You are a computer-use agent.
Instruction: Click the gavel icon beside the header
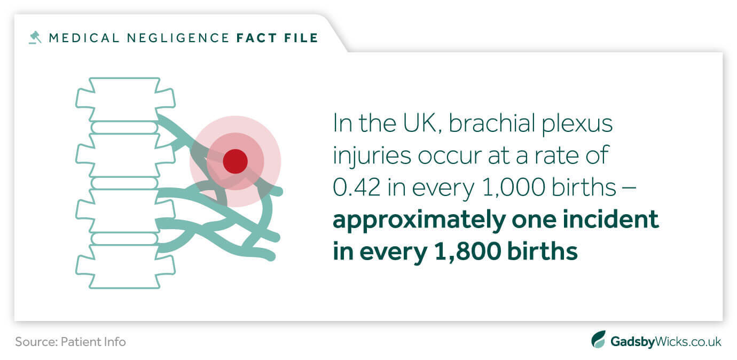tap(35, 37)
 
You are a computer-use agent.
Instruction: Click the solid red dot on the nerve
tap(235, 161)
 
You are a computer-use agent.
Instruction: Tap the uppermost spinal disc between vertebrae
tap(124, 127)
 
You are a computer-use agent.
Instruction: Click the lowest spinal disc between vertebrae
tap(124, 238)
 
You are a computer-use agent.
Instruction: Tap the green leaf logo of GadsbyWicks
tap(599, 340)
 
